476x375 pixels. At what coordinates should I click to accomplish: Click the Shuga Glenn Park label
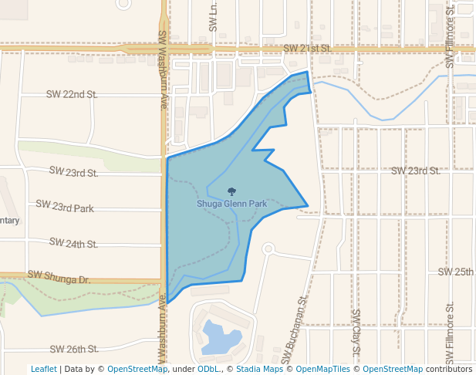[232, 204]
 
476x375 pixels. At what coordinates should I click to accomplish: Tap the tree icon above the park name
[232, 191]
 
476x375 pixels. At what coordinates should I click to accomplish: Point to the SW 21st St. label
[307, 48]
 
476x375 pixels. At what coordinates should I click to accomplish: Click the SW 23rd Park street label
[65, 207]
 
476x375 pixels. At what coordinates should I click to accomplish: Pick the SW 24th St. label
[73, 243]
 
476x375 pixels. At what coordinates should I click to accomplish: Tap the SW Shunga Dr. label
[59, 275]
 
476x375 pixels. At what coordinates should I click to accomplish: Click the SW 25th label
[455, 272]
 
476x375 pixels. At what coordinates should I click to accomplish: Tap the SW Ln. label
[214, 16]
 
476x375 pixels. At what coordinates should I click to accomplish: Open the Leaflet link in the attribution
[44, 369]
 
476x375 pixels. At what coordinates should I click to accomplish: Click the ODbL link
[208, 369]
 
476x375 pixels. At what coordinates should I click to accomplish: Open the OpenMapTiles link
[319, 369]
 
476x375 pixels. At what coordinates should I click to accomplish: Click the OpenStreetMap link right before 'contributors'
[393, 369]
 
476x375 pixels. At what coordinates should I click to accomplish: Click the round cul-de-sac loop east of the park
[268, 248]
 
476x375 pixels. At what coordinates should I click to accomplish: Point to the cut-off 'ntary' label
[9, 221]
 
